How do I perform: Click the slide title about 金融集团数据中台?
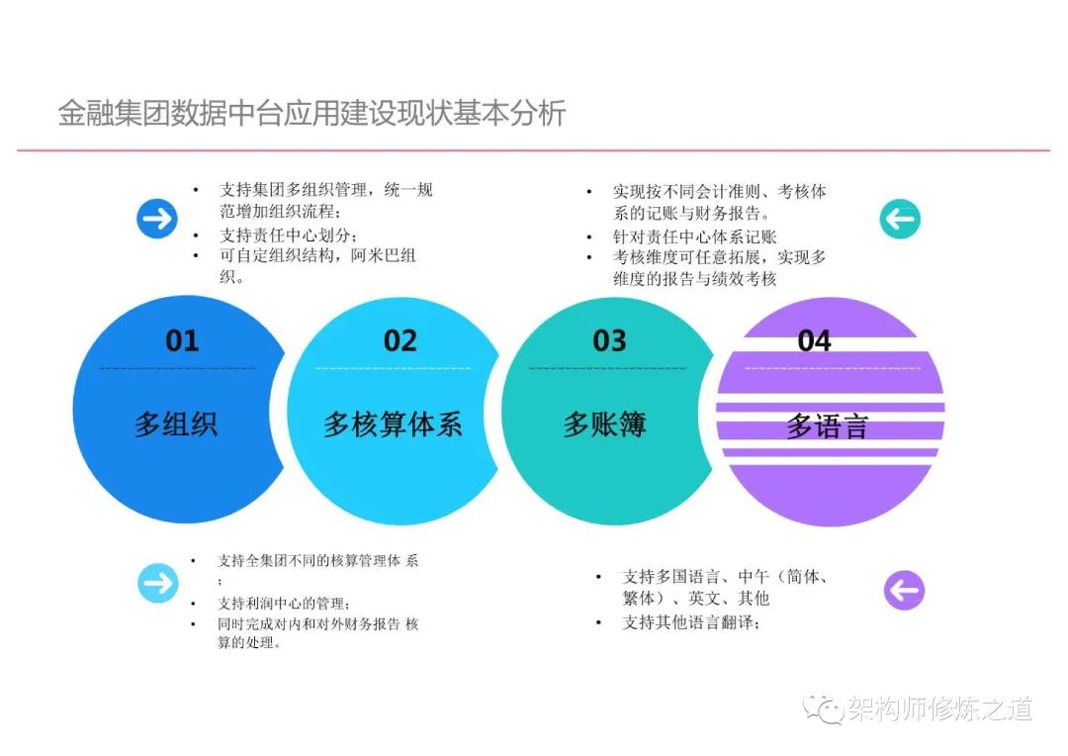point(311,113)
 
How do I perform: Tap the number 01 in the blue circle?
point(182,340)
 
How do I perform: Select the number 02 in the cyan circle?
point(400,340)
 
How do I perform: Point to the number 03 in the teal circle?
point(609,340)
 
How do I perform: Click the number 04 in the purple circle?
point(814,340)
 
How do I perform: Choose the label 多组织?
point(176,425)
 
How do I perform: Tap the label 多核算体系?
point(393,425)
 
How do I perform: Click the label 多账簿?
point(605,425)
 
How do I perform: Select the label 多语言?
point(827,426)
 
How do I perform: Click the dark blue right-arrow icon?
point(156,218)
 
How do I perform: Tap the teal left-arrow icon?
point(900,219)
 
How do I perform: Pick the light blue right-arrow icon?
point(158,583)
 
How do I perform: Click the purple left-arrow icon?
point(904,590)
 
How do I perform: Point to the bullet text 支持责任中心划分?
point(288,236)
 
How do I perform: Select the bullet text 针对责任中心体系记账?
point(695,236)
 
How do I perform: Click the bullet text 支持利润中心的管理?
point(284,604)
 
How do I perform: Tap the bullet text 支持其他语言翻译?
point(691,622)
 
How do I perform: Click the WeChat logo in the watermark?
point(823,709)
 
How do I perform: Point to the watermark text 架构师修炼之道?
point(940,709)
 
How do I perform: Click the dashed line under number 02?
point(393,368)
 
